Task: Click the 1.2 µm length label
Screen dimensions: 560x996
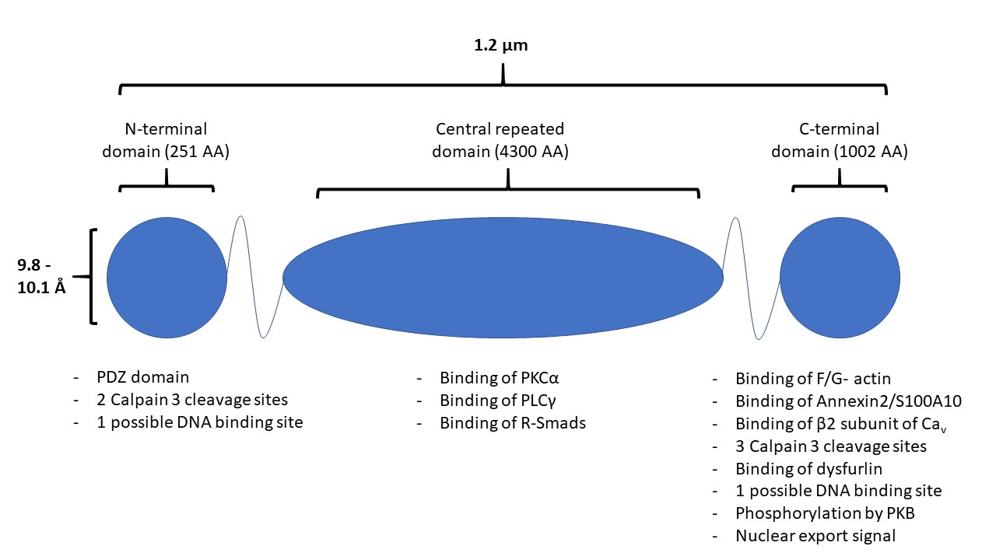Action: (x=501, y=45)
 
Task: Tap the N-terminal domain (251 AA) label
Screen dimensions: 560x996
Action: (x=166, y=140)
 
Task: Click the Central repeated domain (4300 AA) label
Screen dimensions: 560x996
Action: (x=500, y=140)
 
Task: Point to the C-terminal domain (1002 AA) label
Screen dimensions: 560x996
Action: (x=839, y=140)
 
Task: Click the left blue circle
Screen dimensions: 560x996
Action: (x=167, y=277)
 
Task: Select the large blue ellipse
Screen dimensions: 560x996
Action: (x=503, y=277)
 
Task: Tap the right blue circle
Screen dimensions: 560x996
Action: (x=840, y=277)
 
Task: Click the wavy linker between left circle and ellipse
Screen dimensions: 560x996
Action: (x=254, y=275)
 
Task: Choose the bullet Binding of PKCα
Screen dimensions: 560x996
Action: (x=500, y=379)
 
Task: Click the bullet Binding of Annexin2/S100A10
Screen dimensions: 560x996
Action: (x=849, y=401)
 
